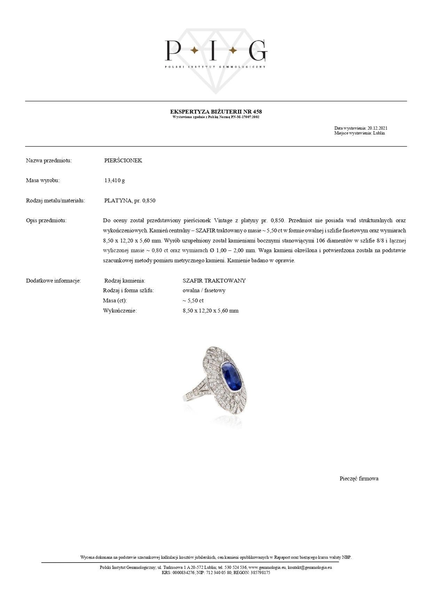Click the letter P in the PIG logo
173,51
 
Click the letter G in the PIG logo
258,51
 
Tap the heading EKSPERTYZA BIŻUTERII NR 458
216,111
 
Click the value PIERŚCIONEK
123,161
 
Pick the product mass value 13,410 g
115,180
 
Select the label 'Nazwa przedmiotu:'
49,161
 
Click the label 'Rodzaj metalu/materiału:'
55,201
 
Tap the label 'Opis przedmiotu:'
46,221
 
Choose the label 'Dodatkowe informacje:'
53,281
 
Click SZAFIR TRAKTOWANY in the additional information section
214,281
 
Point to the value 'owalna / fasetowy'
204,291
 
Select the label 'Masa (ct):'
115,301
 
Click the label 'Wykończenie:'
120,311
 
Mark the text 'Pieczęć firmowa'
359,479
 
